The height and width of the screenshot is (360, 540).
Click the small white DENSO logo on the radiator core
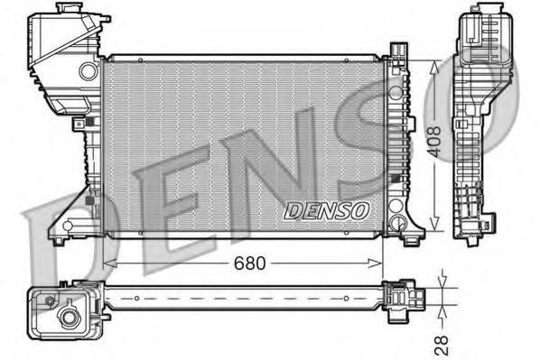(x=327, y=210)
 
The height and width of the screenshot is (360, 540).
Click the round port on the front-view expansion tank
(x=88, y=69)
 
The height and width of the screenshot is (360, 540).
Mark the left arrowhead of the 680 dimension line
(x=108, y=263)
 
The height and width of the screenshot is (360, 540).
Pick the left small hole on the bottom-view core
(x=135, y=296)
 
